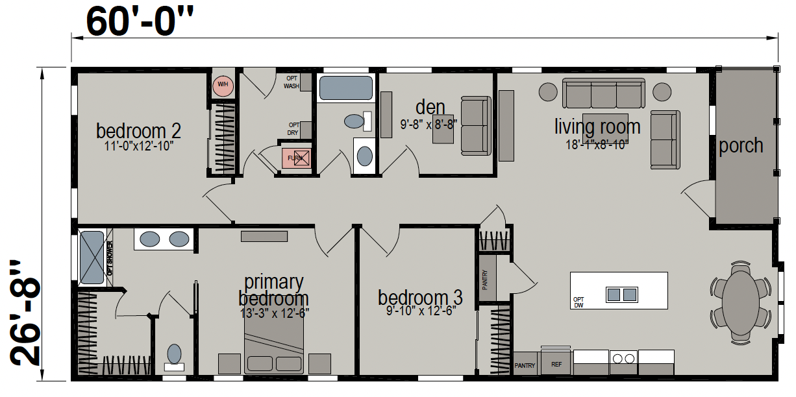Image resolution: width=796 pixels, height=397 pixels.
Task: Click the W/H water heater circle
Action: coord(223,85)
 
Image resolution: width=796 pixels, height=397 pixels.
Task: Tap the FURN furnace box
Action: coord(296,158)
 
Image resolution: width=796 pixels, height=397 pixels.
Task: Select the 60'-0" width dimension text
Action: coord(140,22)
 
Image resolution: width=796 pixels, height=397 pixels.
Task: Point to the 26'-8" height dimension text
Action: coord(25,313)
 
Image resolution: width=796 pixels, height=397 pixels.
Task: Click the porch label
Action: coord(741,146)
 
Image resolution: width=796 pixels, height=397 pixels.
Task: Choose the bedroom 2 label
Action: coord(138,131)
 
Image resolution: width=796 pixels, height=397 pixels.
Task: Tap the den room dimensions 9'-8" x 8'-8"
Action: coord(429,125)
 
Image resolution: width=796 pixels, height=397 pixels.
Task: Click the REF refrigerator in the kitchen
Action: coord(556,364)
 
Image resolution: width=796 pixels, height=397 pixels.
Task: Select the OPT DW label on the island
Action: coord(578,302)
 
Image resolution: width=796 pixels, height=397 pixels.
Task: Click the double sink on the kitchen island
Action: coord(622,295)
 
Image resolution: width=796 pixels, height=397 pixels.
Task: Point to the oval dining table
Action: coord(741,303)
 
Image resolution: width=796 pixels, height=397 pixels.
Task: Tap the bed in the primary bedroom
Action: coord(274,343)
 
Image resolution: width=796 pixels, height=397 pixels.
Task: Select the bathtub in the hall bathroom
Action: coord(346,88)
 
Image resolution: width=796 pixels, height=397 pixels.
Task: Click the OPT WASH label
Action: coord(292,82)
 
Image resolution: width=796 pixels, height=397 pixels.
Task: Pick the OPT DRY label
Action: coord(293,129)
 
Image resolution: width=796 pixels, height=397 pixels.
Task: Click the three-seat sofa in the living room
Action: coord(603,93)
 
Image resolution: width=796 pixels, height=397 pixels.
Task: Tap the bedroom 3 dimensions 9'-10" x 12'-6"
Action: coord(421,311)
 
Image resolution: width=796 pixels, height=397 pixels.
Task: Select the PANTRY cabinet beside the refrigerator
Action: coord(525,364)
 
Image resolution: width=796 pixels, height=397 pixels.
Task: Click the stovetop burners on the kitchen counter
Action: coord(623,359)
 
